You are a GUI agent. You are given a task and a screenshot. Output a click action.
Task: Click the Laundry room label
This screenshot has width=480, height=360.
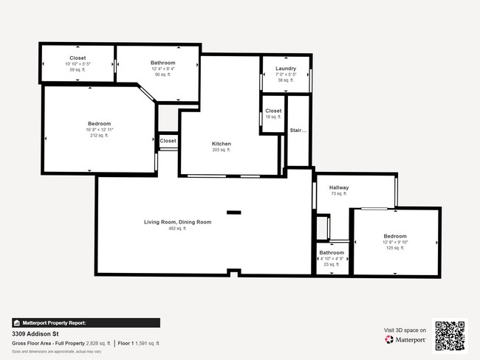(285, 69)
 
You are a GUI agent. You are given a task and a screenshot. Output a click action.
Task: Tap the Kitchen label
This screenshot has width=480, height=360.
(222, 144)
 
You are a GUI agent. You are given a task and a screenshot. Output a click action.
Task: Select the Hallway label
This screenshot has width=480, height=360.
(339, 187)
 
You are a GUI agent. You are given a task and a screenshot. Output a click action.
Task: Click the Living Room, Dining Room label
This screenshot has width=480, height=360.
(177, 222)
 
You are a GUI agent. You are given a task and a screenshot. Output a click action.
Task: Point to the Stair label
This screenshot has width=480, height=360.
(297, 131)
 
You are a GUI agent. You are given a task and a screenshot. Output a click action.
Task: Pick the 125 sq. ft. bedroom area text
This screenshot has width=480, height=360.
(395, 248)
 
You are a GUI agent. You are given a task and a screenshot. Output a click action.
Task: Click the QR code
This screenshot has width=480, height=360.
(450, 335)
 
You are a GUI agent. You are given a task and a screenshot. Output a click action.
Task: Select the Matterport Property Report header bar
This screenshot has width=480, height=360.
(86, 322)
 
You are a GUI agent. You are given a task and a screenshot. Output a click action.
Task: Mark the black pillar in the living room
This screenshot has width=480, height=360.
(233, 212)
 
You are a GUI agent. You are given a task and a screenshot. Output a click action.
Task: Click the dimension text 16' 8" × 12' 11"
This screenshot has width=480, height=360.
(99, 130)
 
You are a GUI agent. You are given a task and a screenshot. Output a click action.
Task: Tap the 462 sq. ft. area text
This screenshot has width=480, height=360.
(177, 229)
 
